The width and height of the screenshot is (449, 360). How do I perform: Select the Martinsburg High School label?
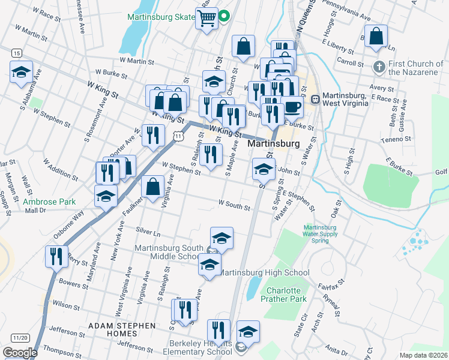264,273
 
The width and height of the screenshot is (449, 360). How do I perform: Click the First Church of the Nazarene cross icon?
379,65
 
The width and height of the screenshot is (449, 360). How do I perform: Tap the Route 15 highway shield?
16,53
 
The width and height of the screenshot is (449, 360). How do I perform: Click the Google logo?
20,353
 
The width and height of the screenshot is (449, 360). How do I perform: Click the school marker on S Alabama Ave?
22,73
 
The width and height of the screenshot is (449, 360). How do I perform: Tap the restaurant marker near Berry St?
55,256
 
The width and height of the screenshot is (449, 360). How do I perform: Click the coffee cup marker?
293,107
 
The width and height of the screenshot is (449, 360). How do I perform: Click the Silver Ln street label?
149,230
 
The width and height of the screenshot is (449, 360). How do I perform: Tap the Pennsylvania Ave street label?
346,11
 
